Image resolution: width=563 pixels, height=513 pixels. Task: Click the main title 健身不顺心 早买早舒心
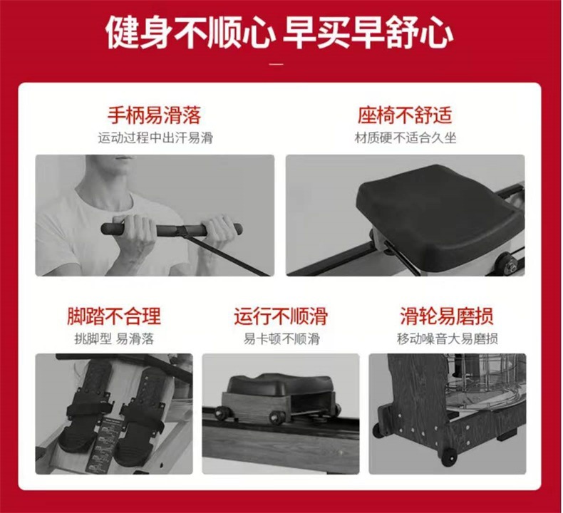point(279,31)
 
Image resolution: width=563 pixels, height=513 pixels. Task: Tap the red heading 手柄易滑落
point(155,115)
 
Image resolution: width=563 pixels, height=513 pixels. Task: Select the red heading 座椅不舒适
point(405,115)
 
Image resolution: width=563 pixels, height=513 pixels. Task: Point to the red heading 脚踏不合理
point(114,316)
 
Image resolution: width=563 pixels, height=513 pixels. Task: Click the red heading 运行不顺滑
point(281,316)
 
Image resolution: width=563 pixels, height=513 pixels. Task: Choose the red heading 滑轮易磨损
point(447,316)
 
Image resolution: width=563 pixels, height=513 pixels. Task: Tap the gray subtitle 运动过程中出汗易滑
point(155,138)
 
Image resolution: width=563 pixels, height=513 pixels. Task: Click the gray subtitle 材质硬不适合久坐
point(406,138)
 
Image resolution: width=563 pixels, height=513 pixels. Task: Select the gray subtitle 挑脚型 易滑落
point(114,338)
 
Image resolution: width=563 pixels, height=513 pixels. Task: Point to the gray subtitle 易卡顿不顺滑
point(281,338)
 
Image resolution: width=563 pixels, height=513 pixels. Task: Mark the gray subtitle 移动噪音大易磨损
point(448,338)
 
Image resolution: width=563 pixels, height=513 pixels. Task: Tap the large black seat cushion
point(438,214)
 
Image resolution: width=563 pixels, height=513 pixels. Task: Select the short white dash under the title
point(276,65)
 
